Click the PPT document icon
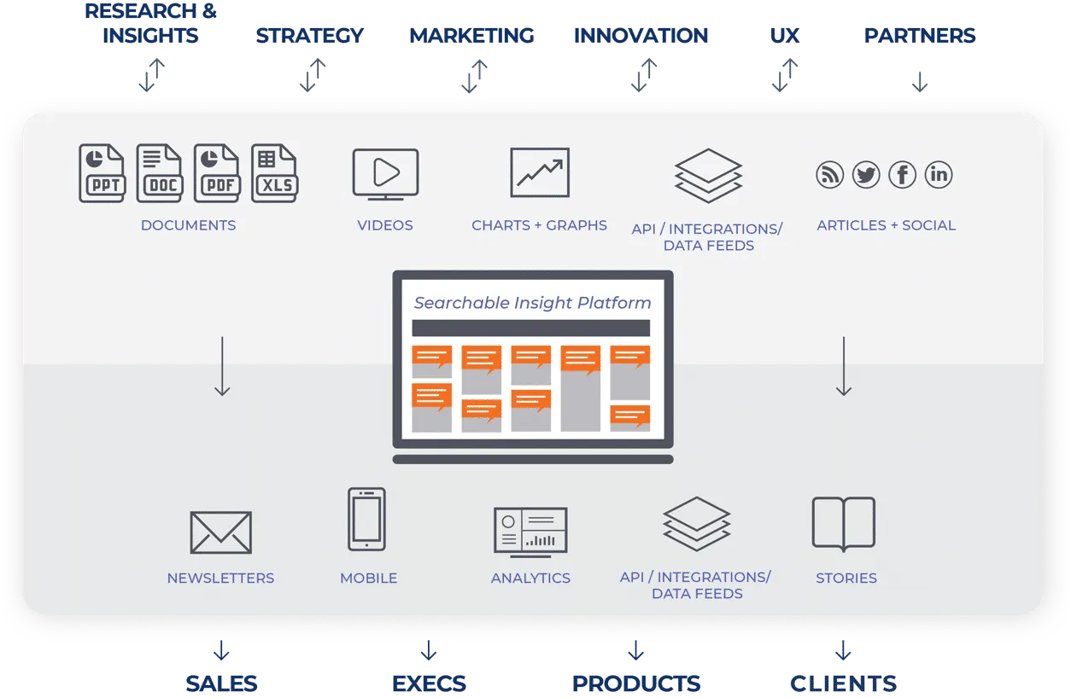coord(102,173)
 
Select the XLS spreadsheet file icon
coord(274,173)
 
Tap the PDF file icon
coord(216,173)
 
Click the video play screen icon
coord(385,174)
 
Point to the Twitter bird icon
coord(865,175)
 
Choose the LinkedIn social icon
coord(939,175)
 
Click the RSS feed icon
coord(829,175)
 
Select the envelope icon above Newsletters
coord(220,532)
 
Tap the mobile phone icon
coord(366,519)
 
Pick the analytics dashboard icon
coord(530,531)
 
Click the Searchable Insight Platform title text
coord(532,303)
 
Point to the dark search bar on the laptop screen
coord(530,329)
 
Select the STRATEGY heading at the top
coord(309,37)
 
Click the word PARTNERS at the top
coord(919,37)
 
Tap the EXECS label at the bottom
coord(429,683)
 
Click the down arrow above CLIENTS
coord(843,651)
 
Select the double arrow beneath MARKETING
coord(471,76)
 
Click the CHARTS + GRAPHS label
coord(539,226)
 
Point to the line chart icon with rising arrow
coord(540,173)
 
